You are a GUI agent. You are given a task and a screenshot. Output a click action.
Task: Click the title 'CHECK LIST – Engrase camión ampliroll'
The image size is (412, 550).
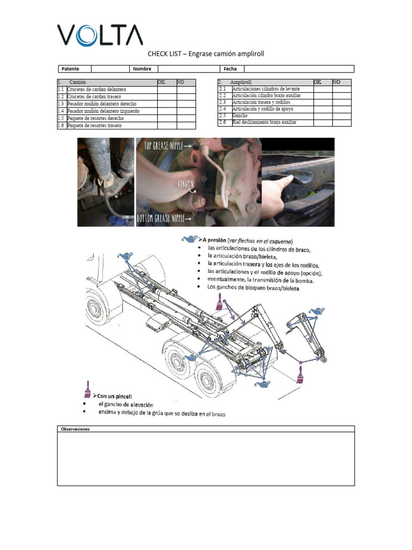(x=206, y=54)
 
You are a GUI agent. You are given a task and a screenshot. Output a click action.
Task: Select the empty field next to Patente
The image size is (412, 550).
(x=110, y=69)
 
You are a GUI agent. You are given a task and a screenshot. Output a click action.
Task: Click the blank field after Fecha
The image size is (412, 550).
(x=299, y=69)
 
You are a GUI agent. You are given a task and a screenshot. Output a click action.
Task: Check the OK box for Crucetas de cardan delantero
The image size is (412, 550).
(x=167, y=89)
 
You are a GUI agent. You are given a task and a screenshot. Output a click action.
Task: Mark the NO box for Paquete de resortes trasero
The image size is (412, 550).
(x=186, y=126)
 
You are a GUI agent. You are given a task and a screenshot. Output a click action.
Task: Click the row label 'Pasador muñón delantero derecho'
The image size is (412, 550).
(x=102, y=104)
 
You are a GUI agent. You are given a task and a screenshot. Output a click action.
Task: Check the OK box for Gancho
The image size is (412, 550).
(x=323, y=115)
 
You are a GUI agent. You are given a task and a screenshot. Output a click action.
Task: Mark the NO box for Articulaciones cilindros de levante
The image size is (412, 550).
(x=342, y=89)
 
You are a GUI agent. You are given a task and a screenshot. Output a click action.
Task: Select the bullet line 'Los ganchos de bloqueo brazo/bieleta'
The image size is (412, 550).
(x=254, y=287)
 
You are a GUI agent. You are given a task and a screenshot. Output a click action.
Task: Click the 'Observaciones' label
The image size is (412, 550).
(x=76, y=429)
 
